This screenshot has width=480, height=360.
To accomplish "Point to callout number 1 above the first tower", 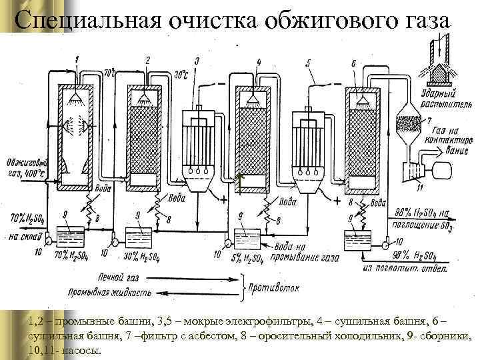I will click(78, 61).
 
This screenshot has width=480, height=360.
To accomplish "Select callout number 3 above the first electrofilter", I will click(197, 62).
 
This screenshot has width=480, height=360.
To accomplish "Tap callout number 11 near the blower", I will click(420, 189).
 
